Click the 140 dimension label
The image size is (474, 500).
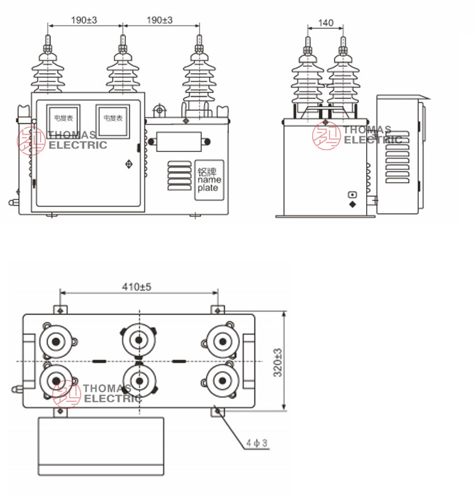coord(326,23)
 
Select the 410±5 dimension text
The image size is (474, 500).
coord(136,287)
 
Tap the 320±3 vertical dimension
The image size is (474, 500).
coord(277,362)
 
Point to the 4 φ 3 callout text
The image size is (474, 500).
coord(256,443)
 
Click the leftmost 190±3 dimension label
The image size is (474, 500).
coord(84,20)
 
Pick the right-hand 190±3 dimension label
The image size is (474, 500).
coord(160,20)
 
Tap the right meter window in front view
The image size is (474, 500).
coord(112,121)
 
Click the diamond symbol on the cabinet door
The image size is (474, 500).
coord(128,165)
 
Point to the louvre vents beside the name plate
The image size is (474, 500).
coord(179,175)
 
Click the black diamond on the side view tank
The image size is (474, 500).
coord(352,204)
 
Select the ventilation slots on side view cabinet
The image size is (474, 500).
coord(397,157)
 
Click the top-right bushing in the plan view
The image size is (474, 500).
coord(222,341)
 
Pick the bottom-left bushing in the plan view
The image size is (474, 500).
coord(56,381)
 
